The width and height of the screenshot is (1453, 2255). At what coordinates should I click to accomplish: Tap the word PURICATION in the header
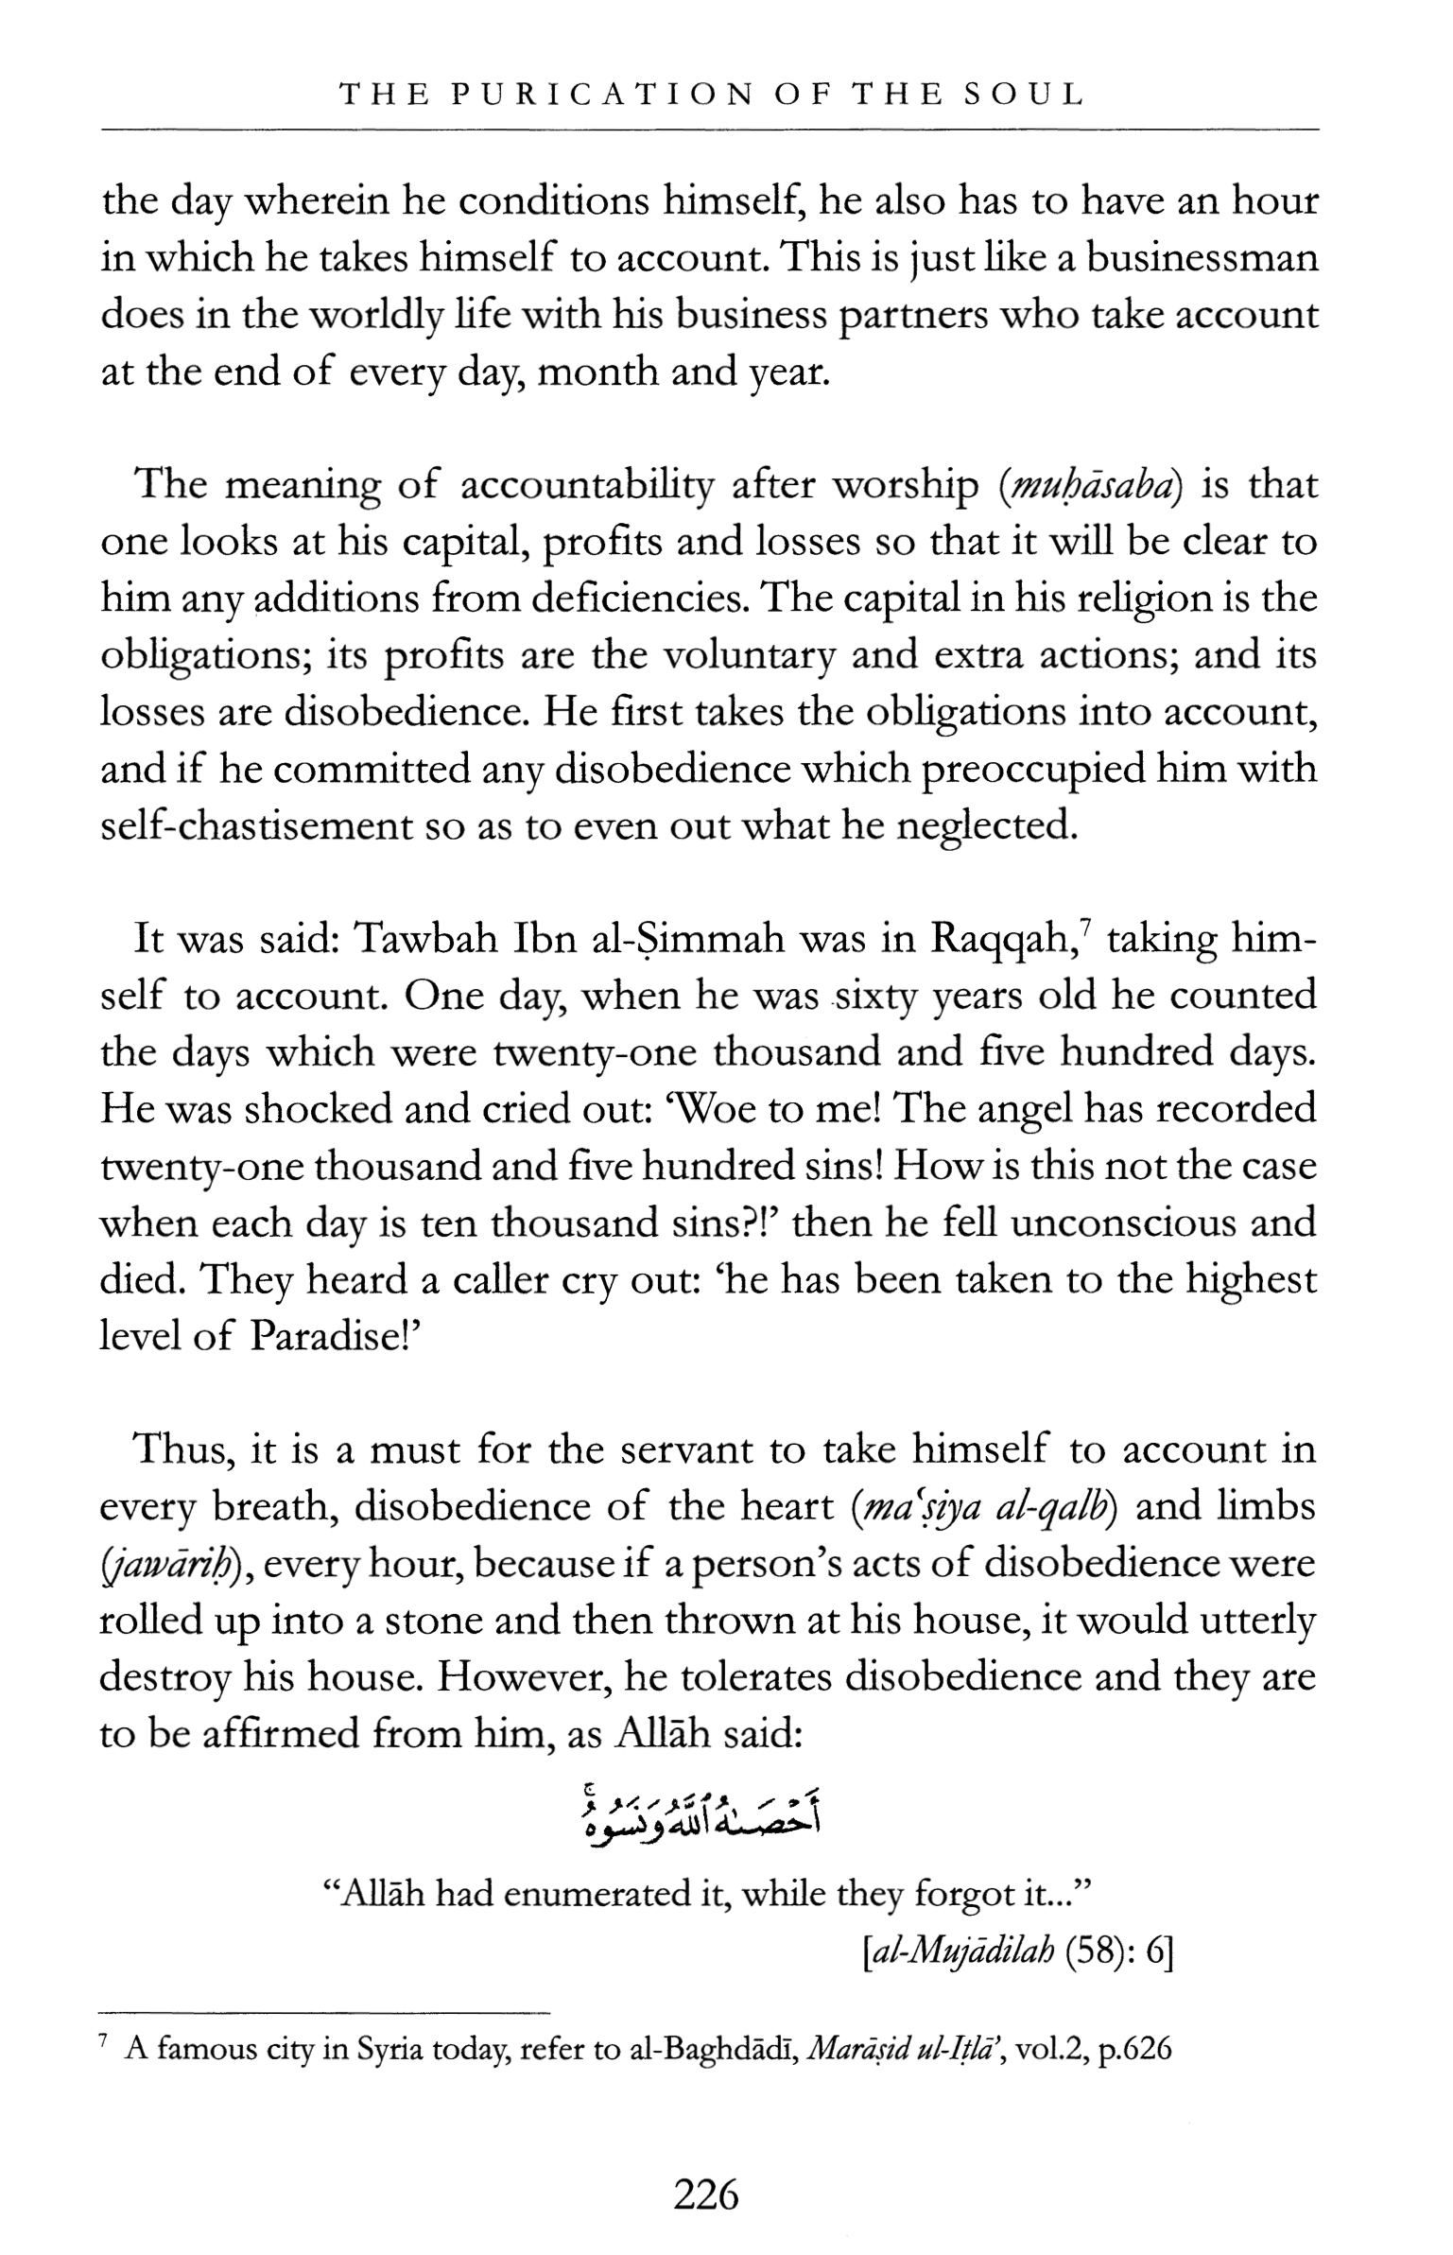601,95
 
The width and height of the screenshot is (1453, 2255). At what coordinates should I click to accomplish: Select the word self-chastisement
255,826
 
